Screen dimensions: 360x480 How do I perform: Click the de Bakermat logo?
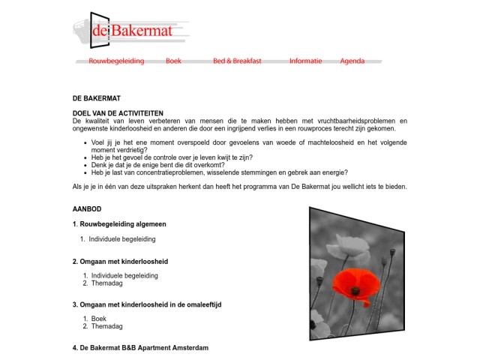click(131, 31)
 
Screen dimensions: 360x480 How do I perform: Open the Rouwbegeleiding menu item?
click(116, 61)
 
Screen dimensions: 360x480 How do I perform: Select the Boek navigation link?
click(173, 61)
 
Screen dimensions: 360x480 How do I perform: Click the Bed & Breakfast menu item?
click(237, 61)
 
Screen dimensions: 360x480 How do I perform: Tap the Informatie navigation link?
click(305, 61)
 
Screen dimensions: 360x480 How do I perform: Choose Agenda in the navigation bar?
click(352, 61)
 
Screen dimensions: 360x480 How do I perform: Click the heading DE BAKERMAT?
click(96, 98)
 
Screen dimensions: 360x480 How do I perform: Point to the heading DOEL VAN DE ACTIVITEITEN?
click(118, 112)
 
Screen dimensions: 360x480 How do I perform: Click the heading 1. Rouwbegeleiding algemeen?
click(119, 223)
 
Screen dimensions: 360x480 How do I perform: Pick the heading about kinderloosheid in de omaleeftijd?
click(146, 304)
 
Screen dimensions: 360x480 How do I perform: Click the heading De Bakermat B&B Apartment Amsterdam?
click(140, 348)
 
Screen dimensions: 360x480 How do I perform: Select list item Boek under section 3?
click(98, 319)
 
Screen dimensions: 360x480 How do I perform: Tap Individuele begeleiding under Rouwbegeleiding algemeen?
click(121, 239)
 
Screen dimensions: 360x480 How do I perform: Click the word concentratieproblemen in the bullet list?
click(166, 172)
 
